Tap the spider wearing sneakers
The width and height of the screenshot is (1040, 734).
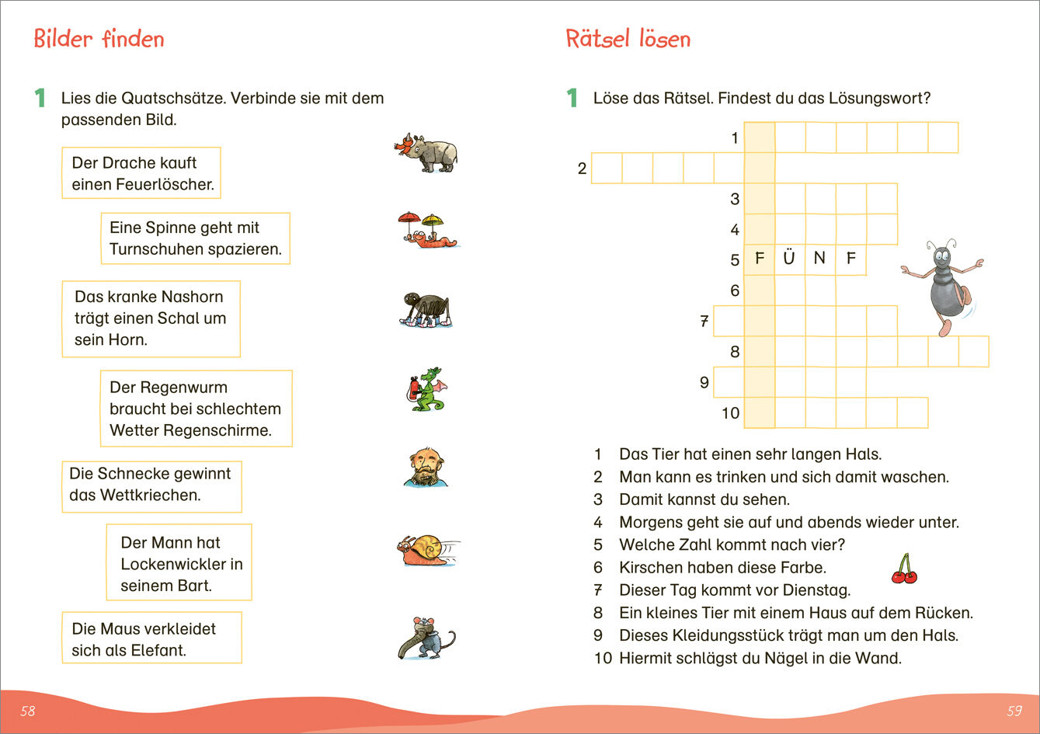[x=426, y=309]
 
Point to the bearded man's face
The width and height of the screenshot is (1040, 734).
[x=425, y=466]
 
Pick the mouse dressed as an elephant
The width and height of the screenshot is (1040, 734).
[x=426, y=637]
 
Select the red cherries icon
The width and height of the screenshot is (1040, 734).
[x=904, y=570]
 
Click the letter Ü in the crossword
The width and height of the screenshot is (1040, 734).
[x=789, y=259]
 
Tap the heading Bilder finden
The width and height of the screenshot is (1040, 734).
[x=99, y=39]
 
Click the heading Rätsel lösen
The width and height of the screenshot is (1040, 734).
[x=628, y=39]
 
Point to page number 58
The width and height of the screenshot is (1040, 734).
[x=28, y=711]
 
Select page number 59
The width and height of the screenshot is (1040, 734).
[x=1014, y=711]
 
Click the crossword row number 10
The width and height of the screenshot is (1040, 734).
[x=730, y=413]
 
